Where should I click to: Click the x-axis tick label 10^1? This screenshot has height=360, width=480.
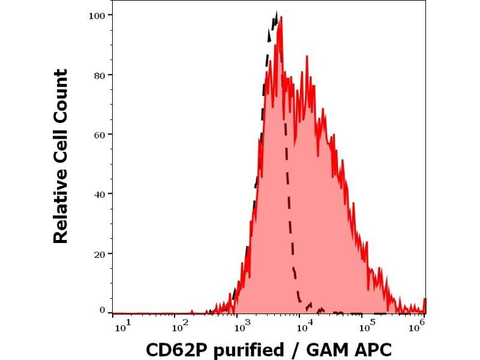(x=120, y=326)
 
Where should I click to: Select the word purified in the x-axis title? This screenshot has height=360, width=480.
(x=247, y=350)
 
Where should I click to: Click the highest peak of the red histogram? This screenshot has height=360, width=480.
(x=280, y=17)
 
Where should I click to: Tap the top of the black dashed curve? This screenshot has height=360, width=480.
(x=276, y=11)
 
